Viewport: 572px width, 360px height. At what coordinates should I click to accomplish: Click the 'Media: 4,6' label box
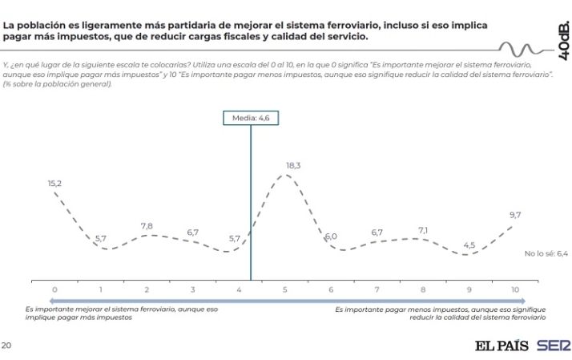click(x=251, y=117)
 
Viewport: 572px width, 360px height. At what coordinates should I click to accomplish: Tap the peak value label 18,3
click(x=293, y=165)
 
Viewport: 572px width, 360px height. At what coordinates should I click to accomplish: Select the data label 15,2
click(x=54, y=184)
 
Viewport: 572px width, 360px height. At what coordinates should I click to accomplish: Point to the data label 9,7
click(x=515, y=215)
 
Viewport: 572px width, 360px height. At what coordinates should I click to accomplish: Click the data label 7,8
click(x=147, y=226)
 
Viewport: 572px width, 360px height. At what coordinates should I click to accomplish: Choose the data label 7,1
click(x=423, y=230)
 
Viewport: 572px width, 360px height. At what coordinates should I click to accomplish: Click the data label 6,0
click(x=331, y=237)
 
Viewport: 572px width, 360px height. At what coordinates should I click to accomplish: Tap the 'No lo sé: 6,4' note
click(x=546, y=253)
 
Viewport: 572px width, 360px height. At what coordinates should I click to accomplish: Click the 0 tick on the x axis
click(x=54, y=289)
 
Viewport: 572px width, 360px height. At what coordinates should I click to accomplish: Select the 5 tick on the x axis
click(x=285, y=289)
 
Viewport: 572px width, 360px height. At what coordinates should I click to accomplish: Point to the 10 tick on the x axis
click(x=515, y=289)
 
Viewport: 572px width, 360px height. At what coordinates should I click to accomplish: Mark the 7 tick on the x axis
click(x=377, y=289)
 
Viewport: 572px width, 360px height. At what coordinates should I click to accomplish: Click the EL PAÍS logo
click(x=502, y=346)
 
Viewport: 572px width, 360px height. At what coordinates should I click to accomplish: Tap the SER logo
click(x=554, y=346)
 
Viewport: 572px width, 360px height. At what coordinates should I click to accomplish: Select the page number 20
click(x=6, y=346)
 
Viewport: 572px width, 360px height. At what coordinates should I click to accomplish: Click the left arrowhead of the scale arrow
click(x=28, y=301)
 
